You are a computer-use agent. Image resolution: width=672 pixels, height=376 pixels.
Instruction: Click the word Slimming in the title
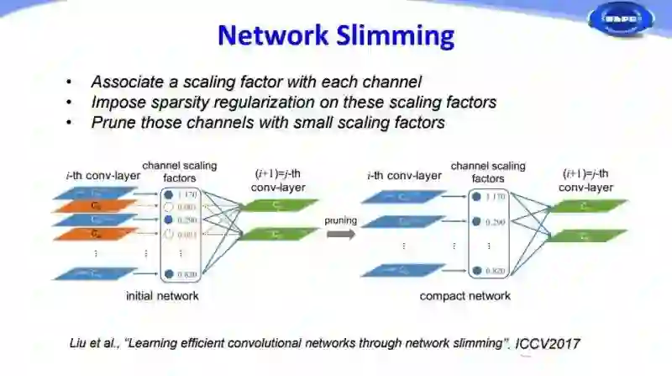(392, 35)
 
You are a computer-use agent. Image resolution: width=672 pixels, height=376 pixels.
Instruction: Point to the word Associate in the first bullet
(128, 82)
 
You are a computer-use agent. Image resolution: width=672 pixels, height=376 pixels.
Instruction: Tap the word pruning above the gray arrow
(340, 220)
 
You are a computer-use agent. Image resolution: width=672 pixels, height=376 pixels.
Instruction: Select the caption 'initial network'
(161, 296)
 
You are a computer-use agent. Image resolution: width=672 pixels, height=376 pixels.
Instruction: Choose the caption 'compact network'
(465, 296)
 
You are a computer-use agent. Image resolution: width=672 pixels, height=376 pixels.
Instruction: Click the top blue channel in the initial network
(93, 192)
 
